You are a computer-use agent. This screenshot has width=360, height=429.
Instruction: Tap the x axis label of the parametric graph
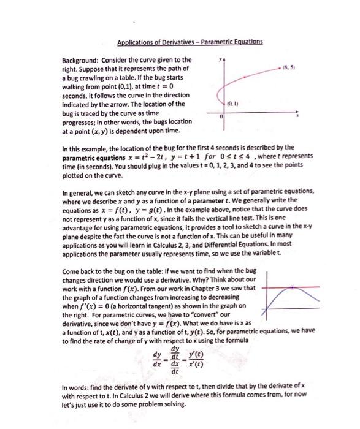(299, 115)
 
